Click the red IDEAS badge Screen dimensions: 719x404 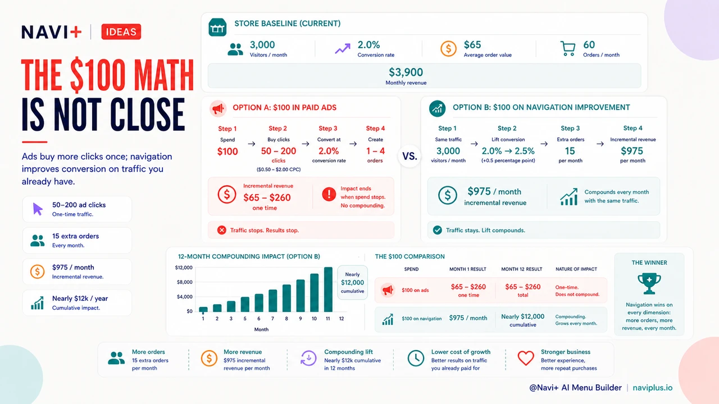coord(121,32)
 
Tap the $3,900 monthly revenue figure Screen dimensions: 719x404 coord(406,72)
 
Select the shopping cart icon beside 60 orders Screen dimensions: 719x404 coord(567,48)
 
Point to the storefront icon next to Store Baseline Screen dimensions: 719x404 coord(217,27)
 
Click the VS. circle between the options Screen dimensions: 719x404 coord(409,156)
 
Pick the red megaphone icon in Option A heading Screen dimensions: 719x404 coord(218,108)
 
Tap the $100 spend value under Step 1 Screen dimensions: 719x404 coord(227,151)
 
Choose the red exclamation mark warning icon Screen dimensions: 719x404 coord(329,194)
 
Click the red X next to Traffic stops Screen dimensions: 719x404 coord(221,230)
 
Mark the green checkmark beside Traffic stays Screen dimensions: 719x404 coord(437,230)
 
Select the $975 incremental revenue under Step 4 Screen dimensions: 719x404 coord(632,151)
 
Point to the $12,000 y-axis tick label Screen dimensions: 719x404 coord(184,268)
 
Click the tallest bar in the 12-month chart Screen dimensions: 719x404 coord(328,290)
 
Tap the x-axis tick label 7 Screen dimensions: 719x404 coord(272,318)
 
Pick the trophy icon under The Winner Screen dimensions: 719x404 coord(649,283)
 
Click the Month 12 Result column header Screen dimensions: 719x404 coord(522,269)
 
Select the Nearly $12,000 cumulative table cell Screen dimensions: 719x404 coord(522,320)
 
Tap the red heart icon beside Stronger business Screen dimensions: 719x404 coord(525,358)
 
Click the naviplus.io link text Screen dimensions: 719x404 coord(653,388)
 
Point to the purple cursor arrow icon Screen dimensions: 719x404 coord(38,209)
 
